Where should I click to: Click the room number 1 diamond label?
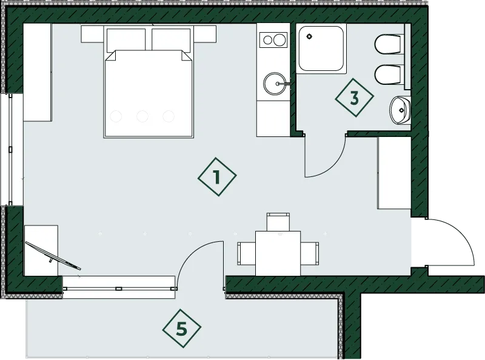pos(217,176)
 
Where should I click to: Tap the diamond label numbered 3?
pos(355,98)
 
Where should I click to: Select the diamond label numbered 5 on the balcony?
pos(182,328)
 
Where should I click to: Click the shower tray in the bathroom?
pos(321,49)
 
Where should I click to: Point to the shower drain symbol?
pos(309,36)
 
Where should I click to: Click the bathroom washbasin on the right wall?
pos(400,110)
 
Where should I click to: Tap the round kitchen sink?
pos(275,83)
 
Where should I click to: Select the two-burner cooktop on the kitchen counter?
pos(273,40)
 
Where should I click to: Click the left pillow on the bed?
pos(126,40)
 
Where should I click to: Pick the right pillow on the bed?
pos(171,40)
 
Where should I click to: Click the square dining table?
pos(278,253)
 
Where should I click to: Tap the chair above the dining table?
pos(278,222)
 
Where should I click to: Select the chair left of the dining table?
pos(247,253)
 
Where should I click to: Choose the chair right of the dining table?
pos(310,253)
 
